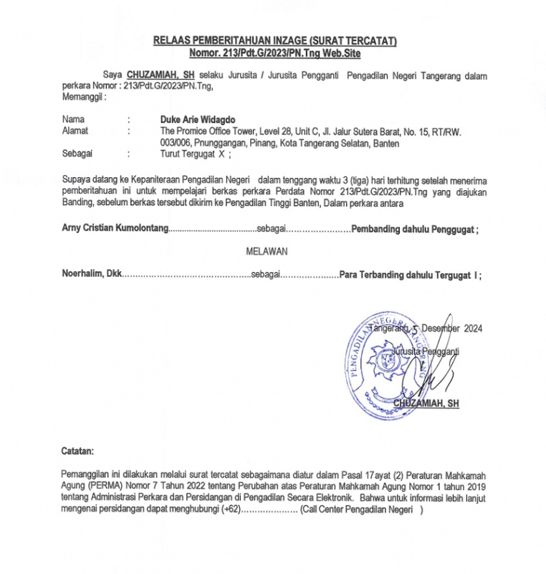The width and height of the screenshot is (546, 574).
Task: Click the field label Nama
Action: pos(73,119)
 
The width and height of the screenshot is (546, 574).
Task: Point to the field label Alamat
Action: pos(75,131)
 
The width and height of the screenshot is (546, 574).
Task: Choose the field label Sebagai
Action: pos(77,154)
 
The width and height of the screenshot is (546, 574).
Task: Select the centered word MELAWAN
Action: pos(267,252)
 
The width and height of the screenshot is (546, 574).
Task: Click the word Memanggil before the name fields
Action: pos(83,95)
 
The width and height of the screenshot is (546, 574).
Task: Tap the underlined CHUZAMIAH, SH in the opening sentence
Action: pos(161,75)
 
